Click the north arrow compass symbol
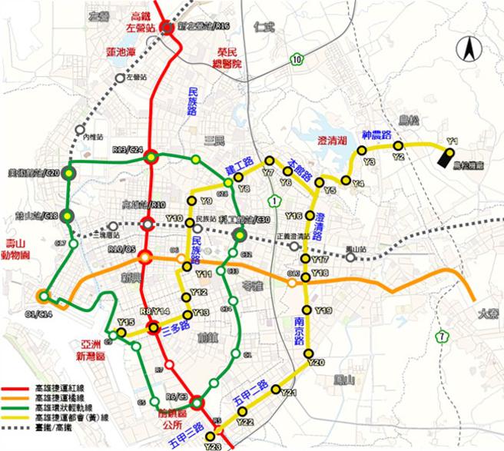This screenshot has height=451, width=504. point(467,52)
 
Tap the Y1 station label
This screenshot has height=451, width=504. point(453,141)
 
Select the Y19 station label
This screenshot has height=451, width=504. point(323,310)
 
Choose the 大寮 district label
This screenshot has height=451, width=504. point(487,313)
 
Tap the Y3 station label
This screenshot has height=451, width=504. point(370,161)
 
